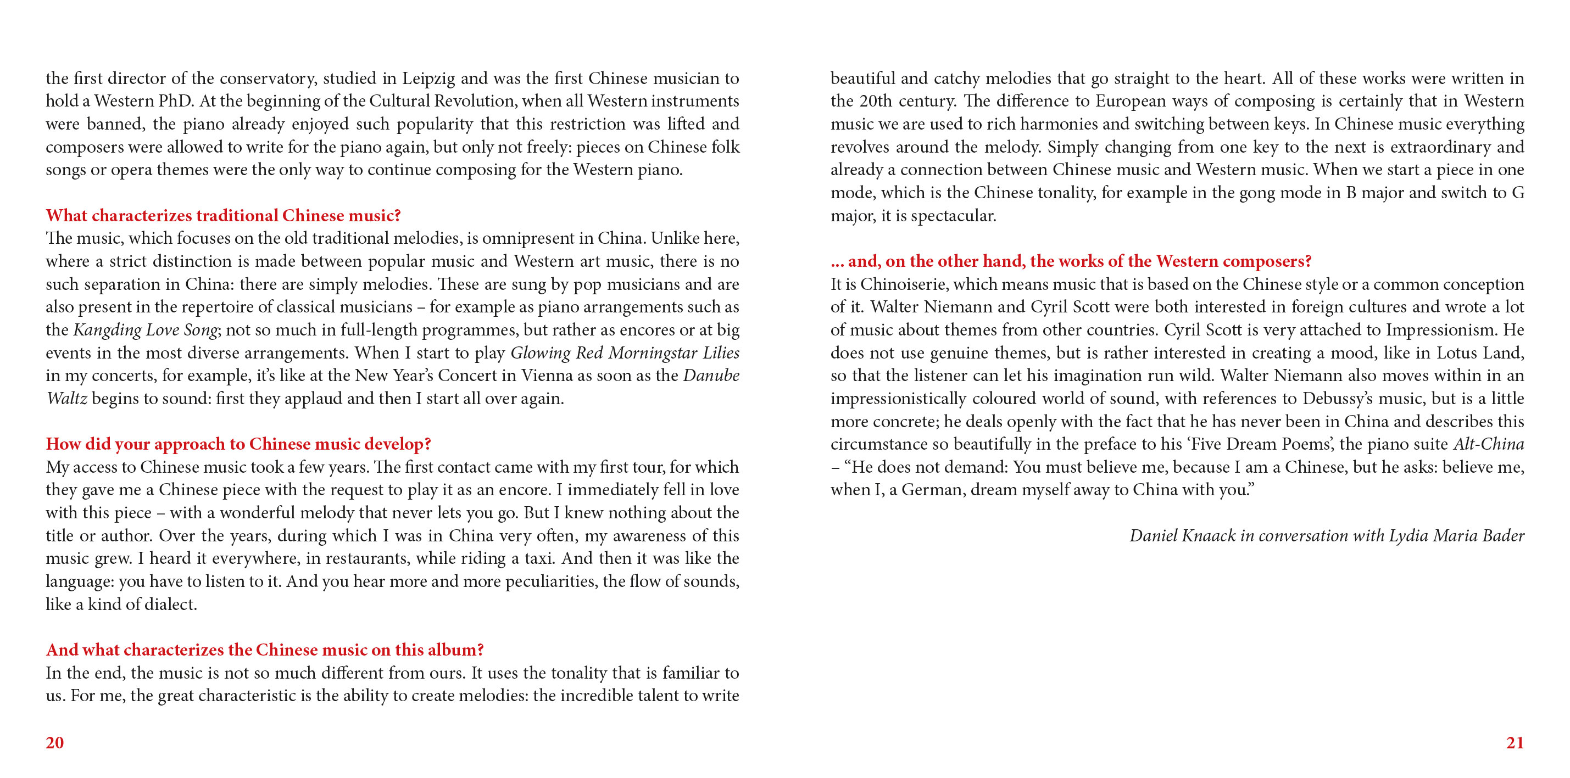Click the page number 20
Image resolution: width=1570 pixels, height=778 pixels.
tap(55, 742)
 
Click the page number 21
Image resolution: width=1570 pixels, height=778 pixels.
tap(1515, 742)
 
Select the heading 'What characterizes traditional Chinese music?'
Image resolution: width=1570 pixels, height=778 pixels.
tap(223, 215)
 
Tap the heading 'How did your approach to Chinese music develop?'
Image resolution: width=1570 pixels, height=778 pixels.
tap(238, 444)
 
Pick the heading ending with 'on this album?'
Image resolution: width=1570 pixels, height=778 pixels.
tap(265, 650)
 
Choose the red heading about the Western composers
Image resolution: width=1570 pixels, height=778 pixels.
tap(1071, 261)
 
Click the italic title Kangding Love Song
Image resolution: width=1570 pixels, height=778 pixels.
tap(145, 329)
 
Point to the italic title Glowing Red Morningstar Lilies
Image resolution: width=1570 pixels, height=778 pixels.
tap(625, 352)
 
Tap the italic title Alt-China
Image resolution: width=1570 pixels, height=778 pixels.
tap(1488, 444)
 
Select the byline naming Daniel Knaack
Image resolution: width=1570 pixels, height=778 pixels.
tap(1327, 535)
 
